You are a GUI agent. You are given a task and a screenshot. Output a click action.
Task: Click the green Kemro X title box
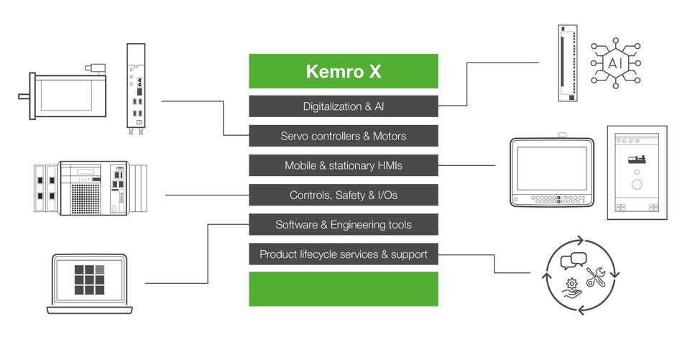(343, 71)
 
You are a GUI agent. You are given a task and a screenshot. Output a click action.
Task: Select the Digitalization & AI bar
(343, 106)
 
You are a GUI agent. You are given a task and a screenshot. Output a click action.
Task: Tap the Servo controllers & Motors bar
(343, 136)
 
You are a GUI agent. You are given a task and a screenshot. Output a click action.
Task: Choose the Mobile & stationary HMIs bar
(343, 165)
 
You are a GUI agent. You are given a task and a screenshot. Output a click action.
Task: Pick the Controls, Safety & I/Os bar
(343, 195)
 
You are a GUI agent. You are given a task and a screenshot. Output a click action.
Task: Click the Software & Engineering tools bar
(343, 224)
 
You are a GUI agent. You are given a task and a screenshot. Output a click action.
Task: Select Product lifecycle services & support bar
(343, 254)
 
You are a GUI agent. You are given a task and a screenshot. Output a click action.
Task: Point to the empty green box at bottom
(343, 289)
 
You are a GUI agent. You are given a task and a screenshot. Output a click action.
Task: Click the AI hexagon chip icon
(616, 63)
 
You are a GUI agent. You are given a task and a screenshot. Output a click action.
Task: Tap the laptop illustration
(90, 284)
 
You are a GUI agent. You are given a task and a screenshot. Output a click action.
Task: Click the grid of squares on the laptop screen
(90, 280)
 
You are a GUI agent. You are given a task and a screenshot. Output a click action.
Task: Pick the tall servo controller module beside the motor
(137, 86)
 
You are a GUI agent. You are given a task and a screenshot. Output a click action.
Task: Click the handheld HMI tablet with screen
(551, 172)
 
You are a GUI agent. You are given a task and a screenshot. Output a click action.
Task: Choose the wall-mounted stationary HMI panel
(636, 172)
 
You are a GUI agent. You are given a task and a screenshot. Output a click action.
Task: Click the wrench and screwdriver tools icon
(597, 277)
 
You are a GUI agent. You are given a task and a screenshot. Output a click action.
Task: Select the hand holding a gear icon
(572, 288)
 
